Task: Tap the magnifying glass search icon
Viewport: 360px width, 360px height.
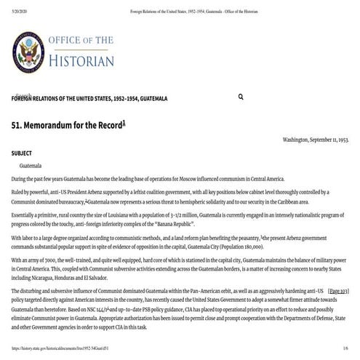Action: point(241,97)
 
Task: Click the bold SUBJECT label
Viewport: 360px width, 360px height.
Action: point(23,154)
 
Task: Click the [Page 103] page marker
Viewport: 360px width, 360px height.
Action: point(338,290)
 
